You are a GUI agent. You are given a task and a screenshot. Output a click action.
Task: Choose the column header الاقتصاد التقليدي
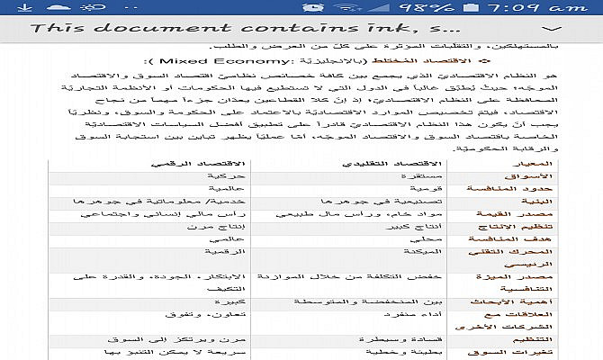coord(379,163)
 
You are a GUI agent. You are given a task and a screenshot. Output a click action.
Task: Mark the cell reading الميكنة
coord(396,256)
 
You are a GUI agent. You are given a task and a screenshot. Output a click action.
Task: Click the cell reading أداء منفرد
coord(386,318)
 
